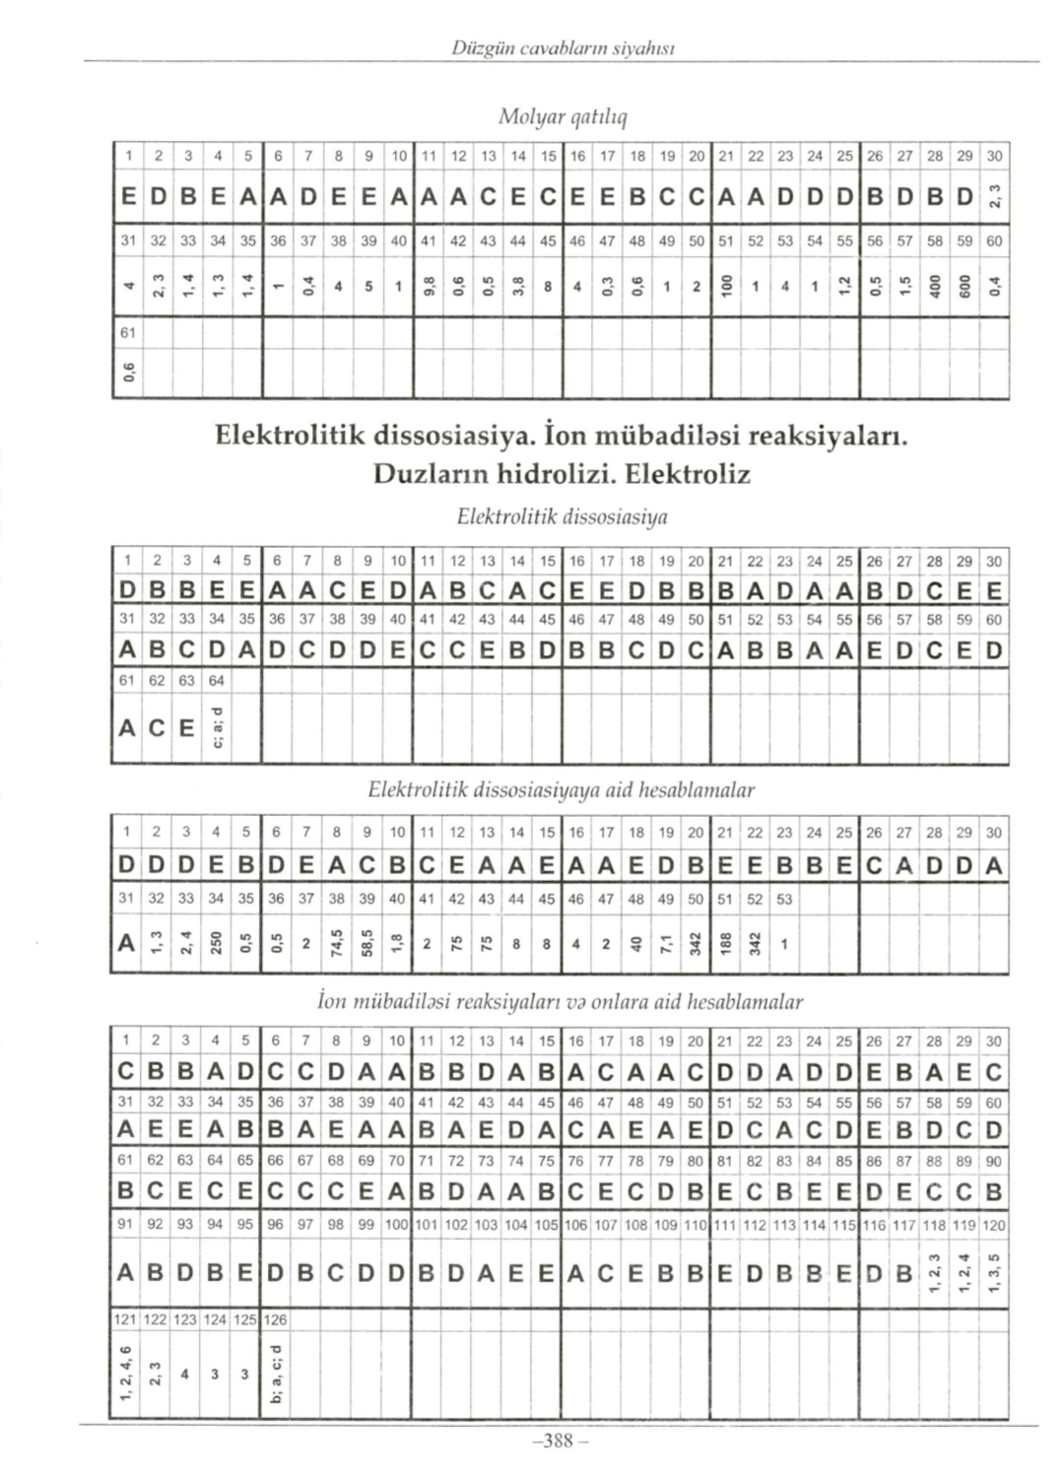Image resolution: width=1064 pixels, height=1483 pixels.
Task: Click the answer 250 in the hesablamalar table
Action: [x=215, y=944]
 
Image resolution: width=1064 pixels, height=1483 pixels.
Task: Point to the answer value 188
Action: [x=726, y=944]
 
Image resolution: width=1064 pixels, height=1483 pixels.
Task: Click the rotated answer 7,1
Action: [x=666, y=944]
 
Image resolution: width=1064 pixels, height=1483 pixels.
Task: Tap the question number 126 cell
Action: [x=277, y=1318]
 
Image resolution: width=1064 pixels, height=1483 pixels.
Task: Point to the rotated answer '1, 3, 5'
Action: [x=995, y=1272]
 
